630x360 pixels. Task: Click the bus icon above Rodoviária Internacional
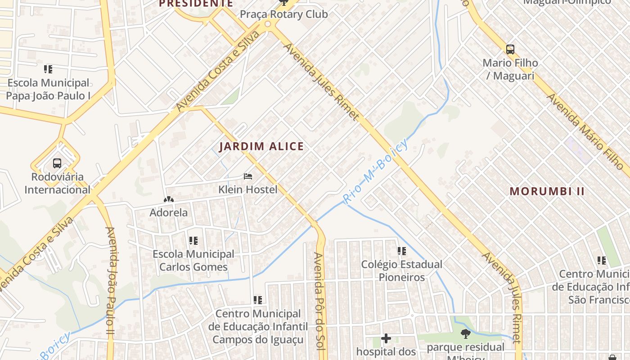[57, 163]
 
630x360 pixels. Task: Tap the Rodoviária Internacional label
[57, 183]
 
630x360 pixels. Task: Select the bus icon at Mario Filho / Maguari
[510, 49]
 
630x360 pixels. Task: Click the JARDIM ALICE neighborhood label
[261, 146]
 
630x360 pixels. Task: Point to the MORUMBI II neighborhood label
[547, 191]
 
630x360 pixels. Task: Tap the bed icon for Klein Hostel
[248, 176]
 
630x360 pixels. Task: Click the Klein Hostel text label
[248, 189]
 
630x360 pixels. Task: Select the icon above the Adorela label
[168, 199]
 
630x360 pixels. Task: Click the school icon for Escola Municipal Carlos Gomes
[193, 241]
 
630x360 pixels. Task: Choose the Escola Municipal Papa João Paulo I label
[49, 89]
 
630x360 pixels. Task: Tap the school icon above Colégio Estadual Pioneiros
[401, 251]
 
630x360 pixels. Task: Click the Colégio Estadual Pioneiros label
[401, 270]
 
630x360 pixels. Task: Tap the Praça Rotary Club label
[283, 14]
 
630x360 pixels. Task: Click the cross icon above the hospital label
[386, 338]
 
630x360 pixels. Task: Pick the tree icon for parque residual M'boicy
[466, 334]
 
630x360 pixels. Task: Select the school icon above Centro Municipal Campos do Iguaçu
[258, 300]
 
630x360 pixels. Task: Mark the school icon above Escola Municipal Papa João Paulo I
[48, 69]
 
